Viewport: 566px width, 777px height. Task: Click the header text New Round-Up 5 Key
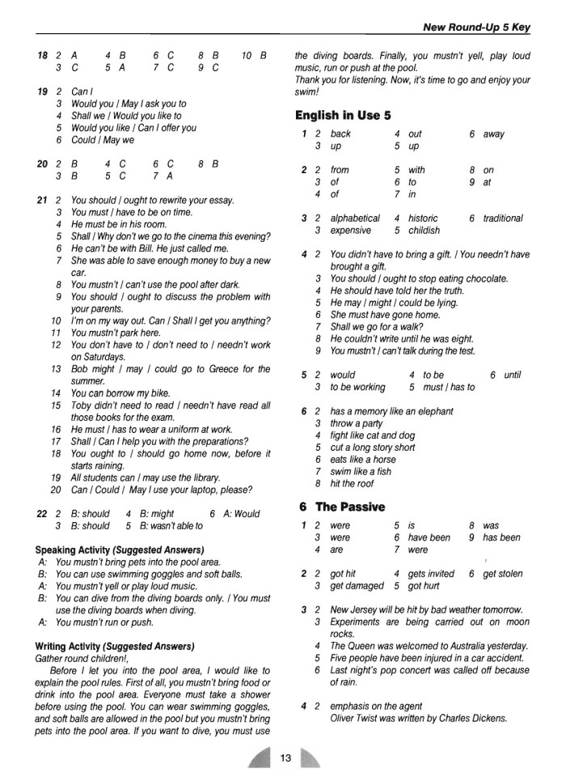476,28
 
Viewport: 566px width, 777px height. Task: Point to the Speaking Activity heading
120,549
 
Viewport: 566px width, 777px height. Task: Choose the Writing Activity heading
115,646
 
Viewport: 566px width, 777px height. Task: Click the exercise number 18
42,56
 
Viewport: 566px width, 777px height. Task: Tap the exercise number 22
42,514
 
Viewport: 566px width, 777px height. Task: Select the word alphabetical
355,219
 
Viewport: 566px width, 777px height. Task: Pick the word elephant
433,411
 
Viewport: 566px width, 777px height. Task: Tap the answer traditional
503,219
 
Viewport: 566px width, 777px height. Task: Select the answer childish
424,231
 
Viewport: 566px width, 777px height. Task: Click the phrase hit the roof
352,484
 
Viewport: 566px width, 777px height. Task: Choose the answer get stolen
502,574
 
